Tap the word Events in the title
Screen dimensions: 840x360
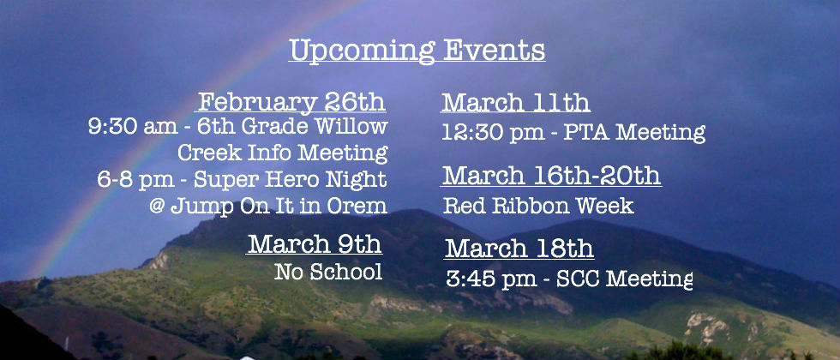point(495,50)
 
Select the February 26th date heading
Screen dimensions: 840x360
point(291,102)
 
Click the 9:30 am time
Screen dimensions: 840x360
point(132,127)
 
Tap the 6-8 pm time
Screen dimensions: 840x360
point(135,180)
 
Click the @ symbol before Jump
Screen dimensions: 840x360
point(156,206)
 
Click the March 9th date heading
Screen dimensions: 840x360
point(315,243)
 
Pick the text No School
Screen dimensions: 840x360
point(328,272)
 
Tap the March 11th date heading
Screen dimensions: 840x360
point(515,102)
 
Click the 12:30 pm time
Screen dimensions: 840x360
point(492,132)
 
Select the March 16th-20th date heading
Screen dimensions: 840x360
point(551,175)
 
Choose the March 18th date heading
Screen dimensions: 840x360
point(519,248)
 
